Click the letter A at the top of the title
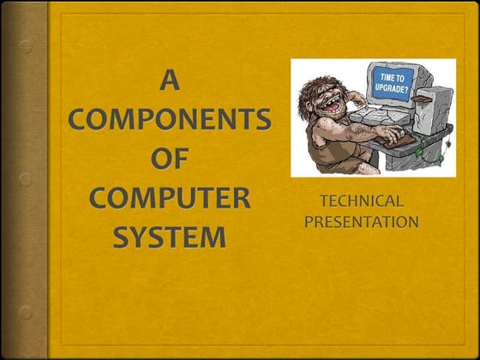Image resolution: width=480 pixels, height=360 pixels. [171, 82]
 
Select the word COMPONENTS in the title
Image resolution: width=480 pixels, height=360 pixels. [170, 121]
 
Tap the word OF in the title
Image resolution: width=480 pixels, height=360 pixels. [170, 159]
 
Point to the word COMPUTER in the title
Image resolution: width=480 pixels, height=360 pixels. [170, 196]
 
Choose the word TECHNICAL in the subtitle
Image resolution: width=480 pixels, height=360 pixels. [361, 202]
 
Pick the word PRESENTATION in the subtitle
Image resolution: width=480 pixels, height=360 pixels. [362, 223]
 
